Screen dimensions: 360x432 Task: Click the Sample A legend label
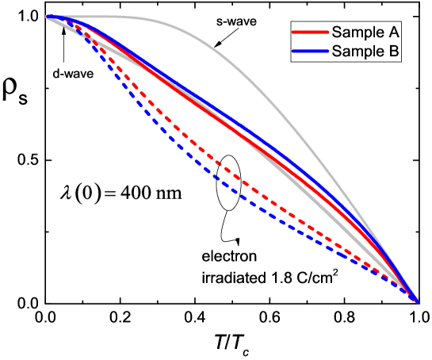(x=365, y=33)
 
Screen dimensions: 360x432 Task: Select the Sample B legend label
(x=365, y=52)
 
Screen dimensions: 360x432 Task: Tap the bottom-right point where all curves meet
(x=418, y=301)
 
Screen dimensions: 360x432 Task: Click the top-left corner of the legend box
(x=290, y=22)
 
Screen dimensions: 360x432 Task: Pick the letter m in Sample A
(x=358, y=33)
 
